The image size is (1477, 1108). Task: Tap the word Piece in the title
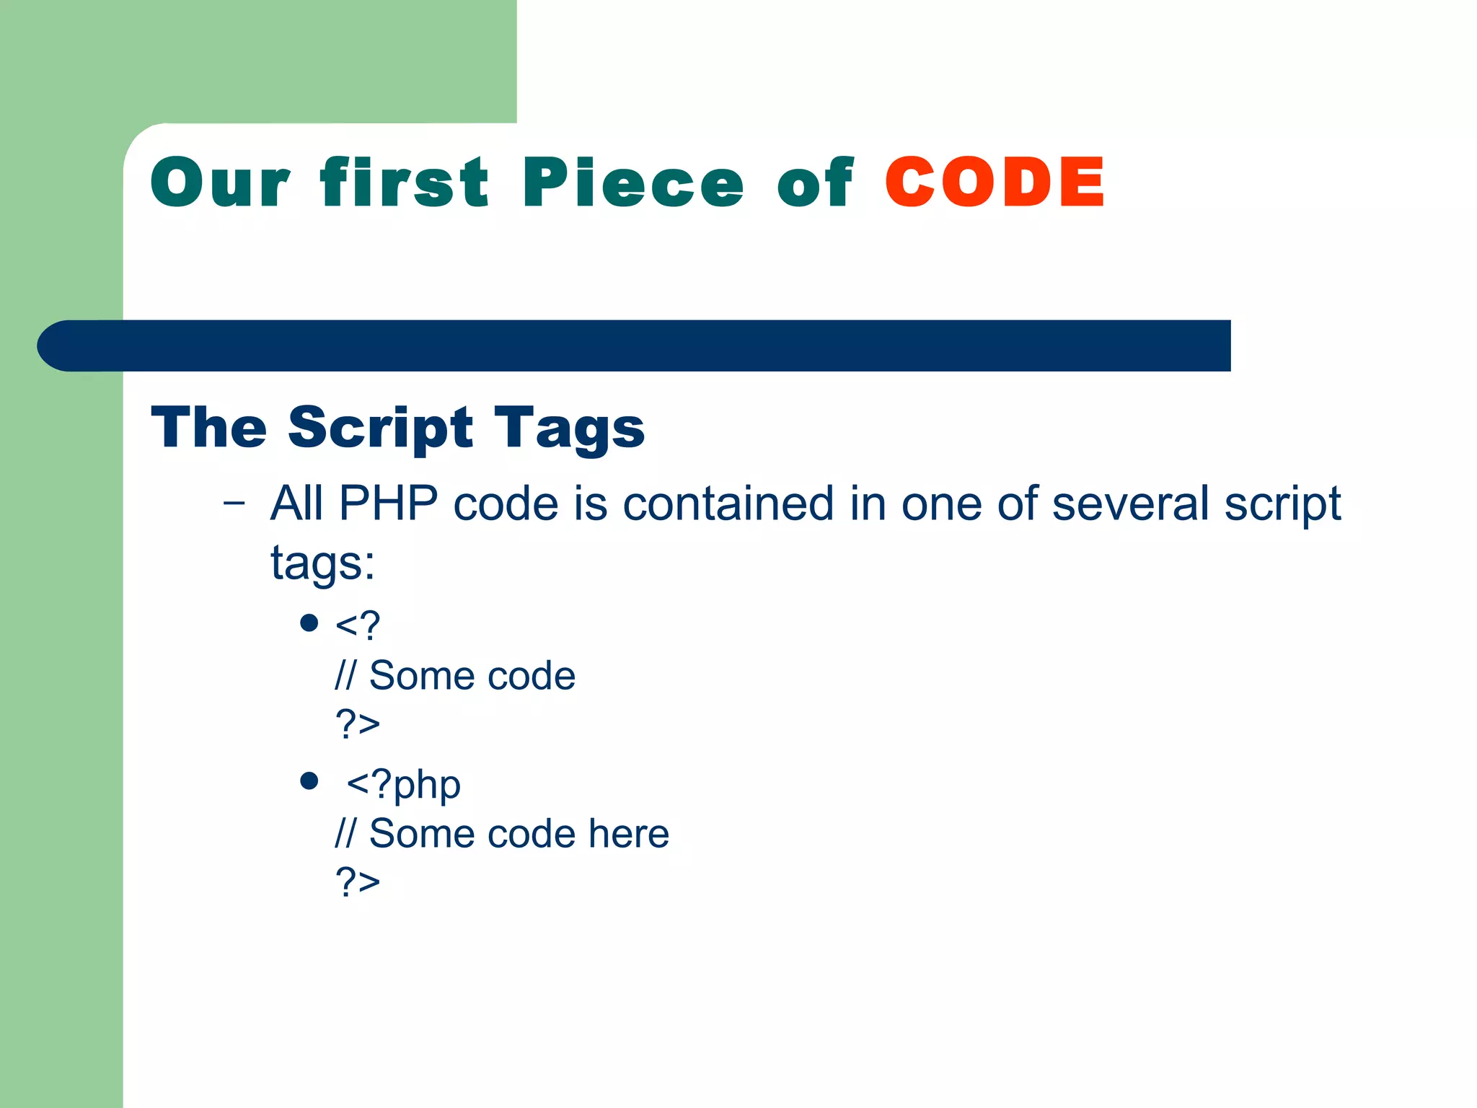tap(632, 183)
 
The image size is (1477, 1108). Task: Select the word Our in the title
tap(220, 183)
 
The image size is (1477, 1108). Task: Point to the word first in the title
tap(405, 183)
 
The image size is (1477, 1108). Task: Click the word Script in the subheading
tap(380, 428)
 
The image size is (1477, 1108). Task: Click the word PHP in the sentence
tap(388, 503)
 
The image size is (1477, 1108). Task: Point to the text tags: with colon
tap(322, 563)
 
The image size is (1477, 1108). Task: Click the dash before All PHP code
tap(234, 503)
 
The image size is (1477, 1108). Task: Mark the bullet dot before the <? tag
tap(309, 623)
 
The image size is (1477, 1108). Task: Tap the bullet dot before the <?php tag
tap(309, 781)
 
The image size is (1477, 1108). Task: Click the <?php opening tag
tap(403, 785)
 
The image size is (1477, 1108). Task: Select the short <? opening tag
tap(358, 625)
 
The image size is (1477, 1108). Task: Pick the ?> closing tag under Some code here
tap(358, 881)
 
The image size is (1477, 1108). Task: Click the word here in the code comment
tap(628, 833)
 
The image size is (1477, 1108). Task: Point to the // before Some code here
tap(345, 833)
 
